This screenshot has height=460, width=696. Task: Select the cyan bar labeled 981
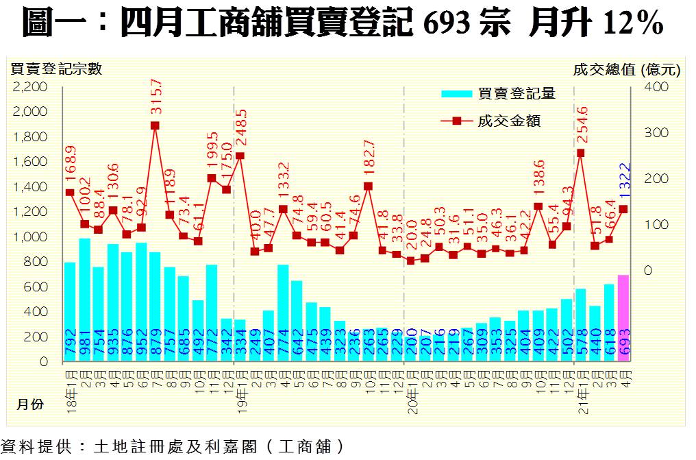click(84, 300)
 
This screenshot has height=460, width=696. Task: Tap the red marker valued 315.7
click(155, 125)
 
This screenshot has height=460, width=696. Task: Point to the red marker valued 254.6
click(580, 153)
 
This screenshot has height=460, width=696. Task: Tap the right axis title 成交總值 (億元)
click(626, 69)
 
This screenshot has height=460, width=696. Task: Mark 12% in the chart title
click(633, 24)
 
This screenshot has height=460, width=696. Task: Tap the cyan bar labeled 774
click(282, 313)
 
